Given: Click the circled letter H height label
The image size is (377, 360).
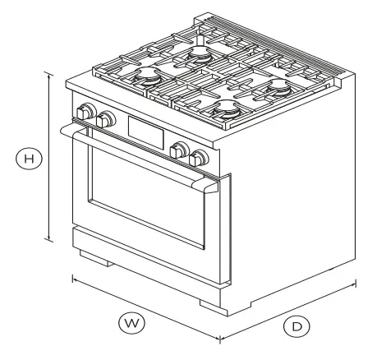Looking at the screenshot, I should point(30,158).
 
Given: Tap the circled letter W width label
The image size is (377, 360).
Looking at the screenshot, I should point(128,322).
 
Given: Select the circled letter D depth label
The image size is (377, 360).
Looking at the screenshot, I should point(298,325).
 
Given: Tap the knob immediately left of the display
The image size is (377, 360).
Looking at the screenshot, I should point(104,121).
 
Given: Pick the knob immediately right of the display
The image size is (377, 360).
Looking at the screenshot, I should point(177,150).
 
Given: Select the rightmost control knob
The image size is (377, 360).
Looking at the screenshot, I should point(198,157).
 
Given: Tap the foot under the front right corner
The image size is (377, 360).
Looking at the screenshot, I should point(212,306).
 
